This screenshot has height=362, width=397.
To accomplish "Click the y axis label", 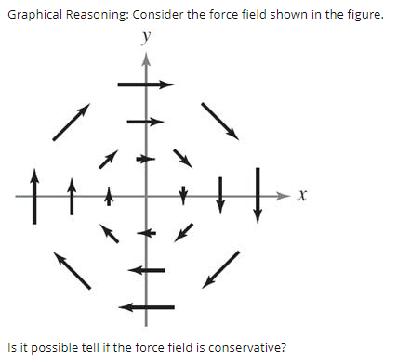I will (145, 37).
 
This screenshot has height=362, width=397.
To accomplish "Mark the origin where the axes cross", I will (145, 196).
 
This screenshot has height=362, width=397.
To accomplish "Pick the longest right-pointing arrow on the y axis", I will (145, 84).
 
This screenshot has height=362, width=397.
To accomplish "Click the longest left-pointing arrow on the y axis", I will (146, 306).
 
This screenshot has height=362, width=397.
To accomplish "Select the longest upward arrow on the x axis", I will (35, 196).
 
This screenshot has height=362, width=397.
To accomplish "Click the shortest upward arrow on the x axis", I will (108, 196).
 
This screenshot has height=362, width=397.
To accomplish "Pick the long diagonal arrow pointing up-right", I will (72, 122).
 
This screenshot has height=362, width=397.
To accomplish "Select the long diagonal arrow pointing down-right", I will (219, 120).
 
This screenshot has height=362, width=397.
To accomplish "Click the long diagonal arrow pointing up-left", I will (72, 270).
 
